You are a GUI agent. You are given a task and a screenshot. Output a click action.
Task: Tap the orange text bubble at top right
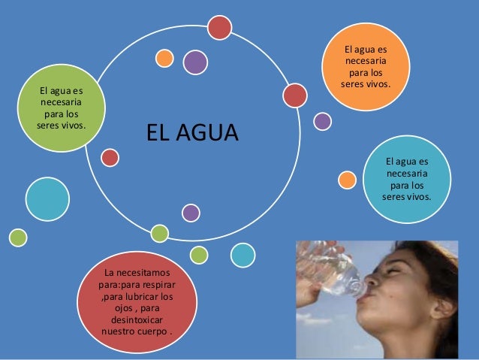pos(369,68)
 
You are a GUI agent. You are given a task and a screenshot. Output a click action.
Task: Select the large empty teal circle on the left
pos(47,198)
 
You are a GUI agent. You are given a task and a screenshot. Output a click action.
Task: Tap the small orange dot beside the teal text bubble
pos(347,180)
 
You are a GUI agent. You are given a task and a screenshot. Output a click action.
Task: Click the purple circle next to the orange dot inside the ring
pos(195,62)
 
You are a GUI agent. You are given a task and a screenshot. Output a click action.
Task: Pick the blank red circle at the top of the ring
pos(219,28)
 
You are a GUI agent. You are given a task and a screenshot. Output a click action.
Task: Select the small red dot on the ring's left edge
pos(110,157)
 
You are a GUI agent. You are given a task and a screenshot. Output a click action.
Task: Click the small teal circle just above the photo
pos(243,255)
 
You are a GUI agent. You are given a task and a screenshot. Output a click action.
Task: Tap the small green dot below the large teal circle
pos(17,237)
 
